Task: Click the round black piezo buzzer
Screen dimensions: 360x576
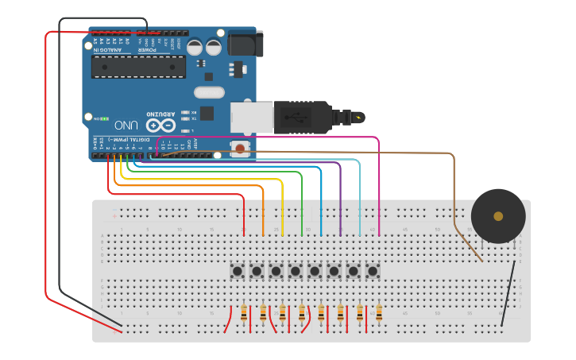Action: (x=498, y=216)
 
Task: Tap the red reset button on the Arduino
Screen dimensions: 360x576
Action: (x=239, y=148)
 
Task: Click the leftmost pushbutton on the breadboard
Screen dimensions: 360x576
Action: (x=238, y=271)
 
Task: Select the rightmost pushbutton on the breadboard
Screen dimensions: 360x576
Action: (x=373, y=271)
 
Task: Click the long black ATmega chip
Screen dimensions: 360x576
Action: (x=138, y=67)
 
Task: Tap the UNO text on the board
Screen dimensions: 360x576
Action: (x=126, y=126)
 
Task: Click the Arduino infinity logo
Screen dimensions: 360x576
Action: (x=160, y=126)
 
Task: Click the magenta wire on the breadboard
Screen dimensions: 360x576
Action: (x=379, y=191)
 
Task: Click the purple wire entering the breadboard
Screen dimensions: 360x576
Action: (x=341, y=199)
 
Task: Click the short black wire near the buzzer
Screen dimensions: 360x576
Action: (x=508, y=290)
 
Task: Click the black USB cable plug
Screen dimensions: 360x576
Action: (x=301, y=118)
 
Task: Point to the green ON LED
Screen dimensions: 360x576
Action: (x=104, y=118)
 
